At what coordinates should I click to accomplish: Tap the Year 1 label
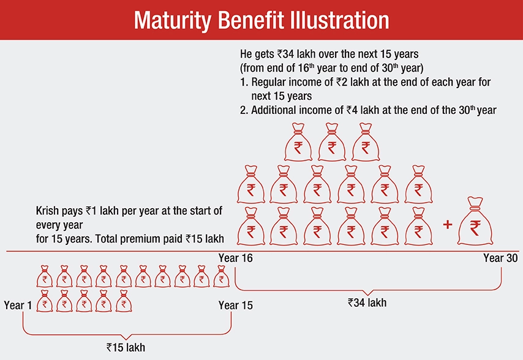tap(18, 305)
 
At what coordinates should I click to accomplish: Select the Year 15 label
tap(235, 305)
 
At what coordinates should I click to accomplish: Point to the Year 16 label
tap(235, 258)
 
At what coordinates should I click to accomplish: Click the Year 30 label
tap(500, 258)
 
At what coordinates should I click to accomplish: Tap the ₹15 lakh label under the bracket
tap(126, 347)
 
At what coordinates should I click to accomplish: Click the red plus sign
tap(447, 225)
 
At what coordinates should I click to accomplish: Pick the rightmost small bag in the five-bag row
tap(123, 301)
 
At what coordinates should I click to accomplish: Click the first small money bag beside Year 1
tap(44, 301)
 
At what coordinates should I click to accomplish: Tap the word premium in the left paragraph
tap(143, 238)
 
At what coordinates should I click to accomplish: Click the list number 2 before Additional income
tap(242, 110)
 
